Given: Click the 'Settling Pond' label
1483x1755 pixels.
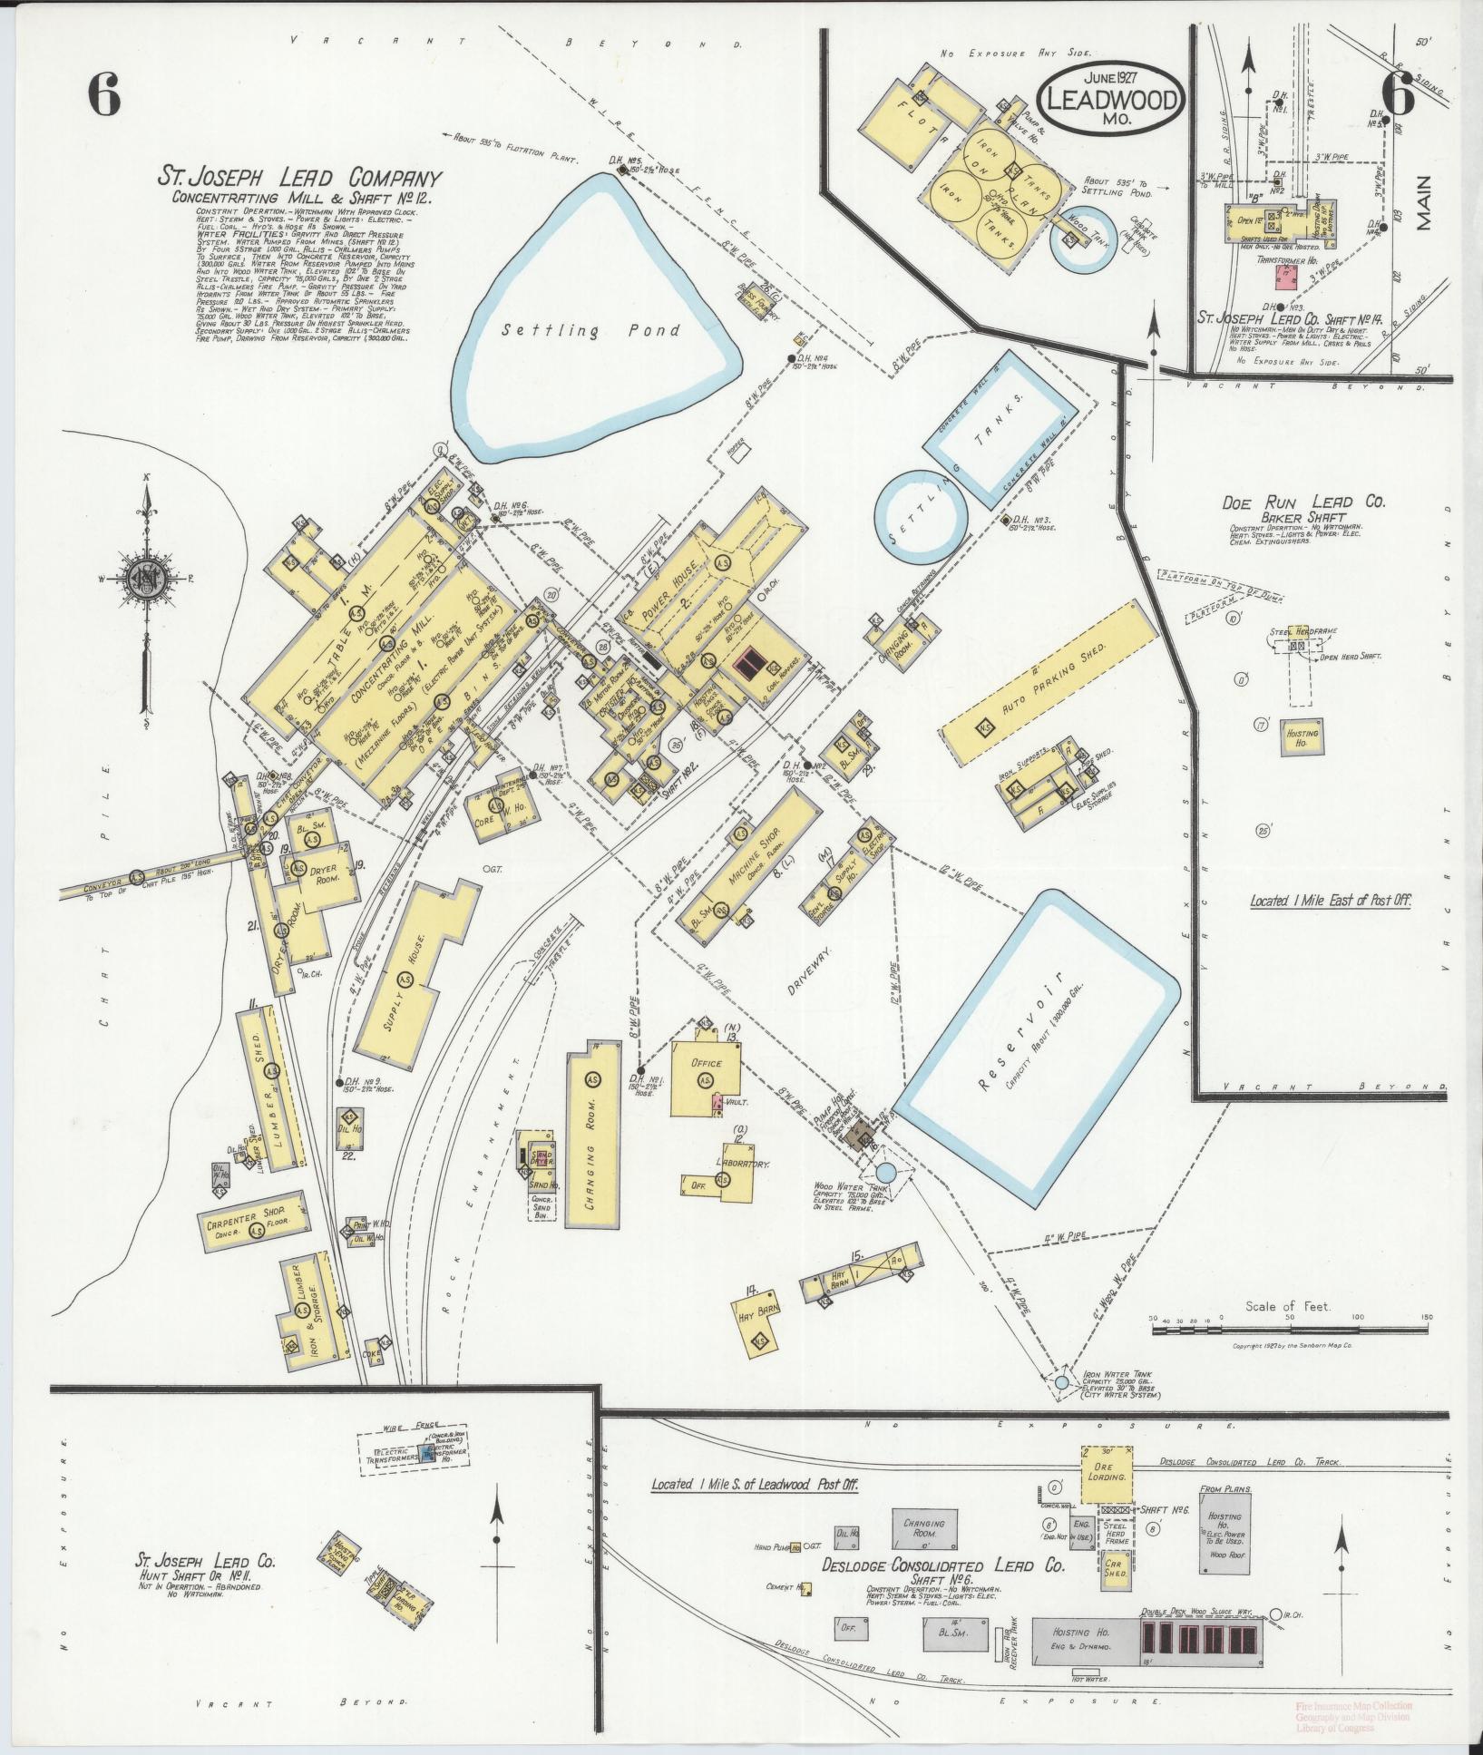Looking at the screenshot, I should tap(593, 331).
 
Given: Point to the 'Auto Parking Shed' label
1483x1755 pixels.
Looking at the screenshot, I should tap(1032, 692).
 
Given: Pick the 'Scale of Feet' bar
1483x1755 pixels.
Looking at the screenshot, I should tap(1288, 1331).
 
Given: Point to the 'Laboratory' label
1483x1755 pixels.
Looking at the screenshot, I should tap(742, 1164).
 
